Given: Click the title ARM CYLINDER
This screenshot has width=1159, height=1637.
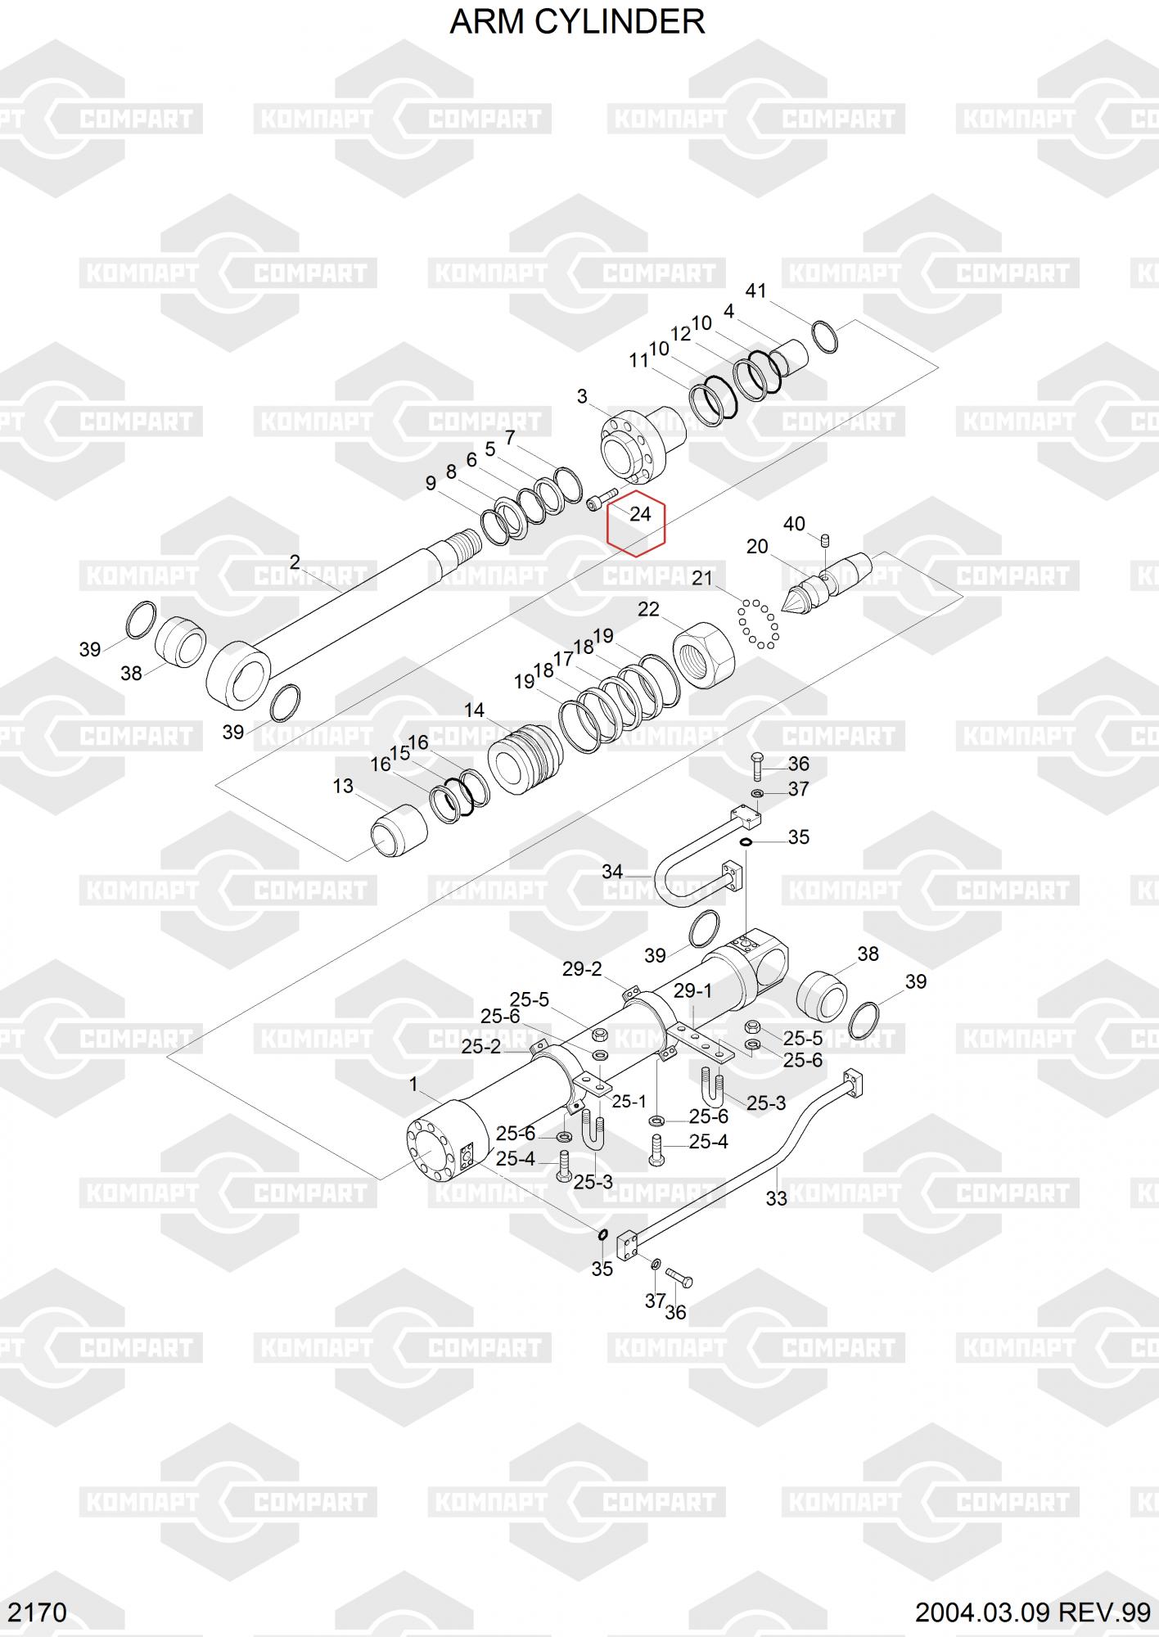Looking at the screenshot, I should click(577, 22).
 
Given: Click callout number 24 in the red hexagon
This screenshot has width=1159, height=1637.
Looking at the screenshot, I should click(639, 514).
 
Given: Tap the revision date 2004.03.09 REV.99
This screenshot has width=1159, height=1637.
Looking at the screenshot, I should click(1033, 1612).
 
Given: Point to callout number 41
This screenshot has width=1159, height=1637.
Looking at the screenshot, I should click(755, 291).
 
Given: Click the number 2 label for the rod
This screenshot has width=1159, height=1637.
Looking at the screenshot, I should click(295, 562).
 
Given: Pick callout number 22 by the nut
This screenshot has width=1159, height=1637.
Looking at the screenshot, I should click(648, 610).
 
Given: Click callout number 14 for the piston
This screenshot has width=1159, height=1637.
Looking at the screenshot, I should click(474, 710).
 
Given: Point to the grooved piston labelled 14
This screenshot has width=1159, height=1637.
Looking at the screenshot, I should click(525, 760).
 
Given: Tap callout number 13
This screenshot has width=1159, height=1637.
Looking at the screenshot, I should click(343, 787).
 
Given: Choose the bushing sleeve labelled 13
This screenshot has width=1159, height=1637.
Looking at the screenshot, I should click(400, 830).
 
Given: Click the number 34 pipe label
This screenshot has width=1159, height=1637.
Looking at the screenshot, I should click(612, 872).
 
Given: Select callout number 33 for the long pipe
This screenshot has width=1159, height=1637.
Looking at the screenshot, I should click(776, 1198).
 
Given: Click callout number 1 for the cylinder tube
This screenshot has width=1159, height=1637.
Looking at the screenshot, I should click(413, 1085).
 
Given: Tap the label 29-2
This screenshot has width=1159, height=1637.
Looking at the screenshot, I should click(582, 969).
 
